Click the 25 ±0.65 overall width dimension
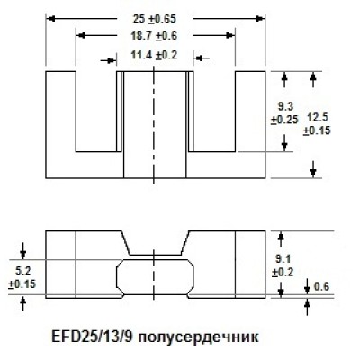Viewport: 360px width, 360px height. (155, 19)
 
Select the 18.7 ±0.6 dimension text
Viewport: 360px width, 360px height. (154, 36)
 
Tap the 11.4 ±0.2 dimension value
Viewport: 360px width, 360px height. (154, 55)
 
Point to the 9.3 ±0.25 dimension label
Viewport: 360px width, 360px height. (285, 113)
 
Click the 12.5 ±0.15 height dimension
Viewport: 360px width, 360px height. (317, 124)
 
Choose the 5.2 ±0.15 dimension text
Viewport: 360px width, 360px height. (22, 277)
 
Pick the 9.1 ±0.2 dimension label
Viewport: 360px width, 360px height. (283, 265)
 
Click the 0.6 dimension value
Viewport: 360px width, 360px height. (321, 287)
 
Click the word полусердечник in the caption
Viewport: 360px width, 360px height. (199, 337)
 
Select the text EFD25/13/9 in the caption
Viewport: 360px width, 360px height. (92, 337)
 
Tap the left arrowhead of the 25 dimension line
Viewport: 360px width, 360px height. (51, 19)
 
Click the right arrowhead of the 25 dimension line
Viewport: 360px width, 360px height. (260, 19)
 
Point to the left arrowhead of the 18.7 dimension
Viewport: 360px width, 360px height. (81, 36)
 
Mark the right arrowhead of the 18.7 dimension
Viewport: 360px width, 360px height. (230, 36)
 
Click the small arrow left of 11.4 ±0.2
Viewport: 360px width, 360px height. (109, 60)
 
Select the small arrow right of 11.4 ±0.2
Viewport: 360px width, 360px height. (201, 58)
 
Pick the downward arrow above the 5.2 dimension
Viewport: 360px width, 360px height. (23, 251)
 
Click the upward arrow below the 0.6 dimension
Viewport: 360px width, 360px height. (307, 307)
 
